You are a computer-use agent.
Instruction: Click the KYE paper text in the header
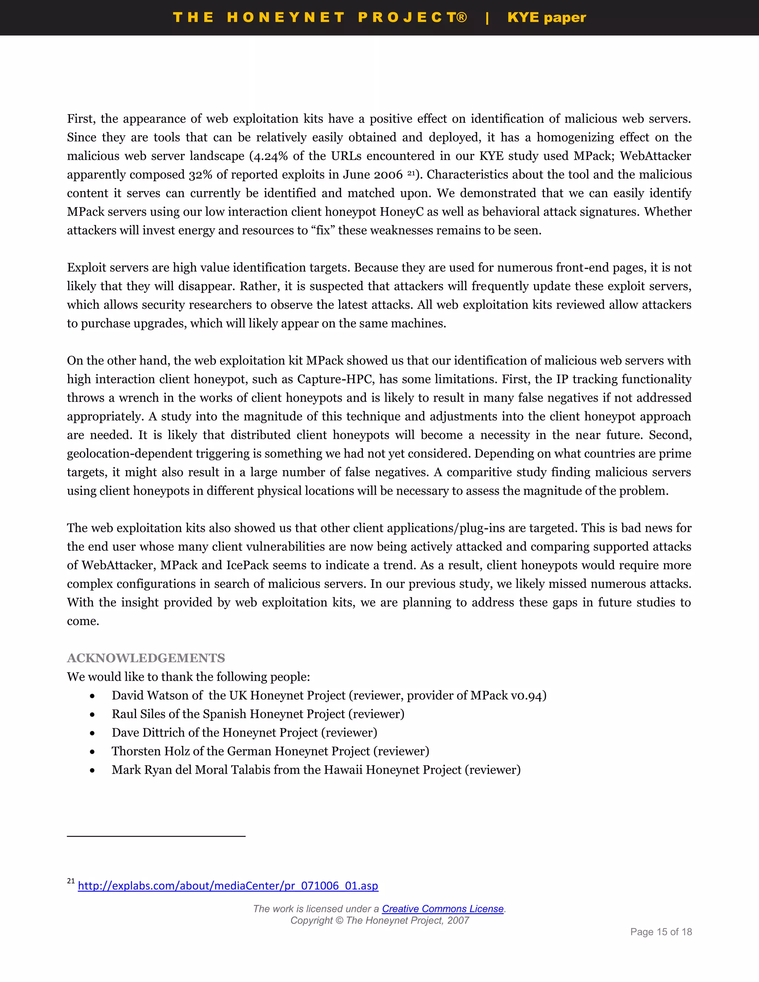tap(546, 17)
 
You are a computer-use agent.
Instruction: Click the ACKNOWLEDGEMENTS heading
tap(146, 658)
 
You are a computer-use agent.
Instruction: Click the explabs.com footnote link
tap(228, 885)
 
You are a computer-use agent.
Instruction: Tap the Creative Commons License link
tap(443, 909)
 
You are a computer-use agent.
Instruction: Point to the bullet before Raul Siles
tap(92, 714)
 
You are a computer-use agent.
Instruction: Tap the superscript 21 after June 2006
tap(411, 173)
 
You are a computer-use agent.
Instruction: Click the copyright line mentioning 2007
tap(379, 920)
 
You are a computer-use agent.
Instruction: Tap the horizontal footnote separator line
tap(156, 836)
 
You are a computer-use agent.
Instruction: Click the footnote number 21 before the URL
tap(70, 881)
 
